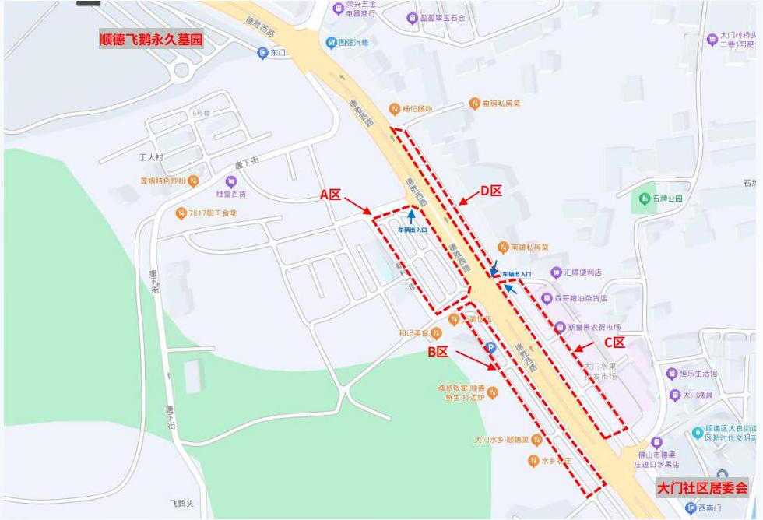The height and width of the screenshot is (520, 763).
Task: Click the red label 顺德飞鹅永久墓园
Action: click(150, 40)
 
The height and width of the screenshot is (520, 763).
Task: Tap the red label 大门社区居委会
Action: click(701, 488)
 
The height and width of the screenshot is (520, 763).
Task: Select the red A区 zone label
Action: click(330, 195)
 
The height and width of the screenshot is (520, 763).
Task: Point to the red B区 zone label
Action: click(438, 352)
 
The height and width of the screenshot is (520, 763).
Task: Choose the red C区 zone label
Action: click(615, 342)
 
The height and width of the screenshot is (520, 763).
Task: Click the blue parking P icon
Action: click(490, 349)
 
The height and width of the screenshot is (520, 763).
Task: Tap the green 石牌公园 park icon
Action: click(645, 199)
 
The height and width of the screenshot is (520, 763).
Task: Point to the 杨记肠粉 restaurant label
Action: click(417, 109)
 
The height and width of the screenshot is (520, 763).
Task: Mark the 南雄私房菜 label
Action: click(529, 248)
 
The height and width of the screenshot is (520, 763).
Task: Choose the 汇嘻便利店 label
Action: click(582, 272)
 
